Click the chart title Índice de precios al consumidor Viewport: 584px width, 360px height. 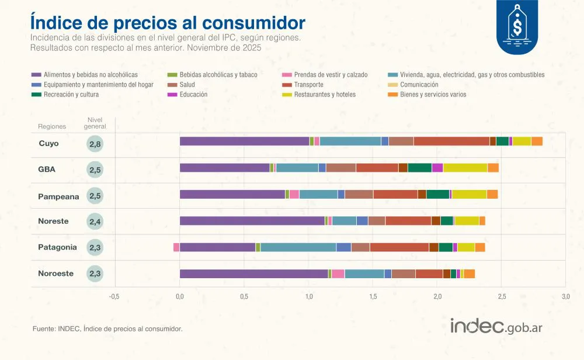tap(168, 22)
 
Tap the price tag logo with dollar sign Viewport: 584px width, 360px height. tap(517, 25)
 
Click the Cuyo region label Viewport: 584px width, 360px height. tap(48, 143)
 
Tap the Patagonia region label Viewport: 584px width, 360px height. tap(57, 247)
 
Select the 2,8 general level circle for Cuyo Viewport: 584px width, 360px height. tap(95, 144)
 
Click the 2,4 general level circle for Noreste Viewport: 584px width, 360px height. tap(95, 221)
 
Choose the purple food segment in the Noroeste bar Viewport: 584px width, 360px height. tap(253, 274)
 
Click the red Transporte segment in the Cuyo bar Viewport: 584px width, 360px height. tap(451, 141)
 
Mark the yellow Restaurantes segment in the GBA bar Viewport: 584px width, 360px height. tap(465, 168)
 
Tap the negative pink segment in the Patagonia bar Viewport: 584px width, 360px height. tap(176, 247)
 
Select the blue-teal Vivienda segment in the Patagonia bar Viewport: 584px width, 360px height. tap(298, 247)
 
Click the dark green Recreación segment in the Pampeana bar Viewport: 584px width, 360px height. tap(437, 195)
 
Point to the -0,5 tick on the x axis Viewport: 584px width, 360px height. tap(114, 296)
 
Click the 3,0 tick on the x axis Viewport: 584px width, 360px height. tap(565, 296)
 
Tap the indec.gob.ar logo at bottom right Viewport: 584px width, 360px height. tap(496, 327)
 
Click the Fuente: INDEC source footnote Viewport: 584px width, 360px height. tap(107, 329)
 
